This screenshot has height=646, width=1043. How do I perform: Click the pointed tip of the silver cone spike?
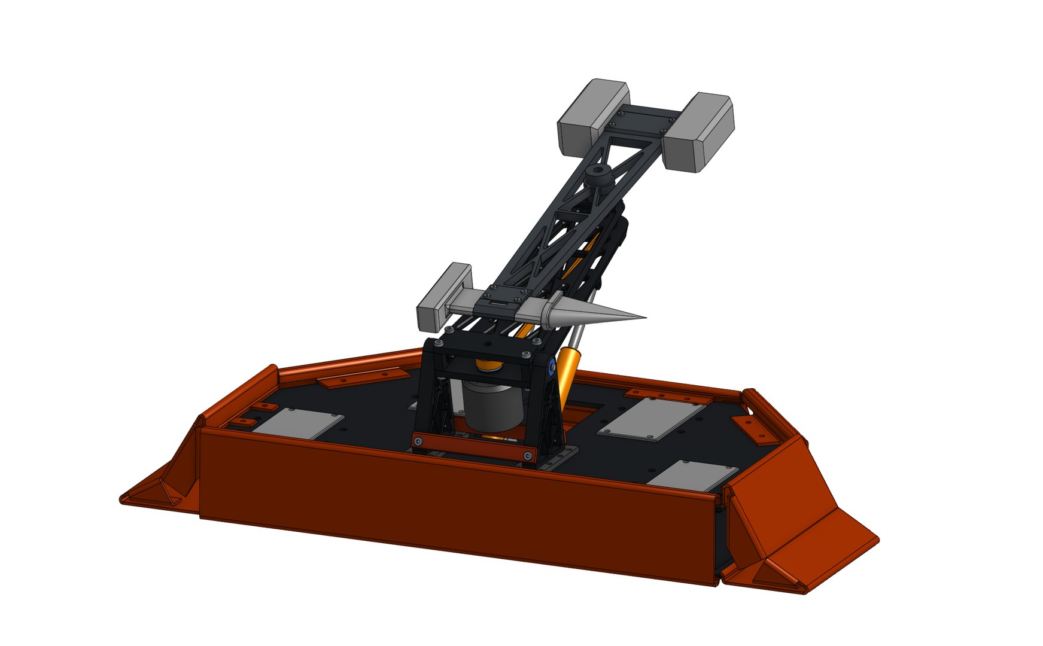click(644, 318)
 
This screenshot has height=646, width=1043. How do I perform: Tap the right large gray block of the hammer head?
click(699, 133)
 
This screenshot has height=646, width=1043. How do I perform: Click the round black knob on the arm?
click(597, 175)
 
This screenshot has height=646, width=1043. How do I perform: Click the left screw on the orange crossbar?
click(419, 441)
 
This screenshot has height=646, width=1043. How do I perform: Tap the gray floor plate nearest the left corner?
click(297, 423)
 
